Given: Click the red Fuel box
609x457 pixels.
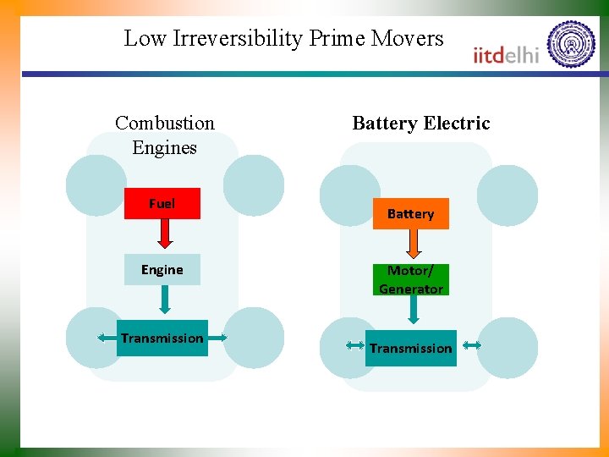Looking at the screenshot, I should point(162,203).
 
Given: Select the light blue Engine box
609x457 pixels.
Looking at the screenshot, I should point(162,269).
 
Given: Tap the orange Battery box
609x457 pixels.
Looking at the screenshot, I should point(410,213).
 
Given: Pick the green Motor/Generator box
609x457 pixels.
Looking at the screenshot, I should point(410,279).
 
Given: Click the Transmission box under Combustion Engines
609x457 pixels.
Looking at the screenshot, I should point(162,338).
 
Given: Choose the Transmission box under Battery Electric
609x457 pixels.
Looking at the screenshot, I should point(410,348).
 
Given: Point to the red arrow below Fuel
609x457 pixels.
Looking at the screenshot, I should point(164,234).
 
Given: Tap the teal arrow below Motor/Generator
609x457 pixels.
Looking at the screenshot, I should point(414,310).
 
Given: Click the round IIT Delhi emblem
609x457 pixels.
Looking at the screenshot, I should point(571,44).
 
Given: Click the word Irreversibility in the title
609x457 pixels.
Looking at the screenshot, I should point(239,38).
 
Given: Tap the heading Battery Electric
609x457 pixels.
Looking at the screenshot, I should point(420,123).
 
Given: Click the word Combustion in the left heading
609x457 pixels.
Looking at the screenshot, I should point(165,123).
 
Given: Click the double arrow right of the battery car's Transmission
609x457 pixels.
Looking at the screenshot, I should point(472,345).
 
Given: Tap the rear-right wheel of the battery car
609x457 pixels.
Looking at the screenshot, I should point(507,348).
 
